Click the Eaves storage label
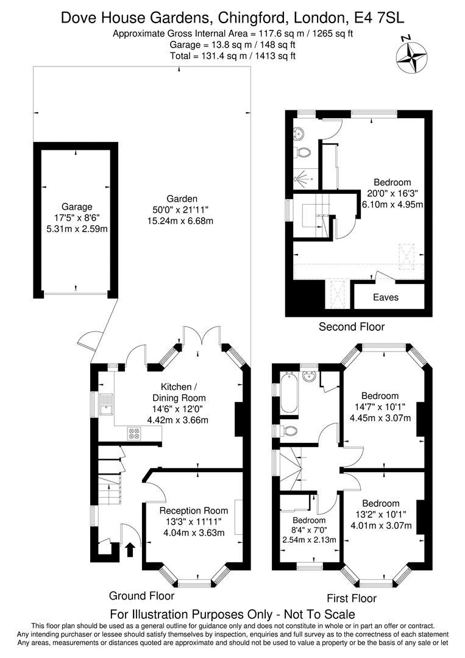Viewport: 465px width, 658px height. (385, 297)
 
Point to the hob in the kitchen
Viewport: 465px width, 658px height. (134, 434)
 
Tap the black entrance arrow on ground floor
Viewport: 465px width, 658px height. (130, 550)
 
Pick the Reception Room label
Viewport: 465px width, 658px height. (194, 511)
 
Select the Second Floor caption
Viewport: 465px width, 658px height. (352, 327)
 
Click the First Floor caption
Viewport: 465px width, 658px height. (352, 598)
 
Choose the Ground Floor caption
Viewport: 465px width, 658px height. (141, 595)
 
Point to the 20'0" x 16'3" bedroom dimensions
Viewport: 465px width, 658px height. (393, 193)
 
